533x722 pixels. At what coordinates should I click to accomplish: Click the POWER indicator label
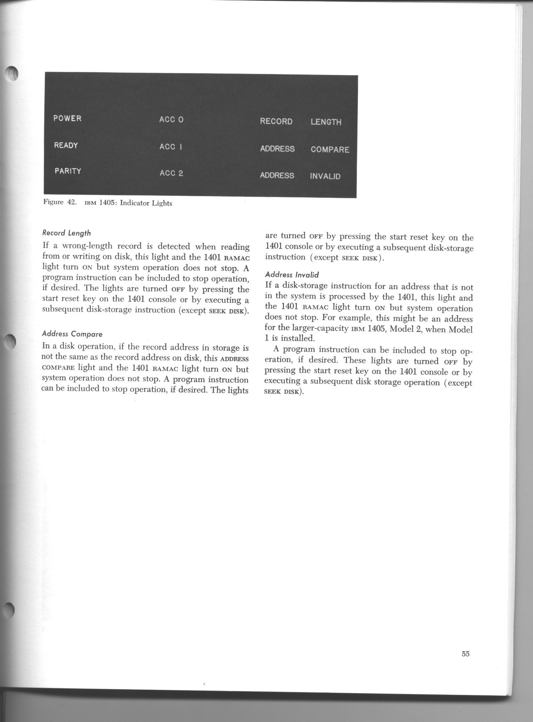click(67, 118)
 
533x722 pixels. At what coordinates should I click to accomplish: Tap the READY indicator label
click(66, 145)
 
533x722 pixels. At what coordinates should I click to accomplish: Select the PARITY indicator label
click(68, 171)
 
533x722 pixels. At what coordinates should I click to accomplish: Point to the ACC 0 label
click(171, 120)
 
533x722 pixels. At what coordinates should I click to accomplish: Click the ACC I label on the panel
click(171, 147)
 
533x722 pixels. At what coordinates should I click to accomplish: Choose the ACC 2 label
click(171, 173)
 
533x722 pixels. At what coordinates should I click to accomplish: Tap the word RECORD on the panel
click(276, 121)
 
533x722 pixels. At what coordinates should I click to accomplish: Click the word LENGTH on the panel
click(326, 122)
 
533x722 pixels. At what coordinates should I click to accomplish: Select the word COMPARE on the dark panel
click(330, 150)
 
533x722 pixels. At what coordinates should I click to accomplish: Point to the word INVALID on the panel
click(325, 176)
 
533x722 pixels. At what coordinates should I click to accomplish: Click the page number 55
click(466, 654)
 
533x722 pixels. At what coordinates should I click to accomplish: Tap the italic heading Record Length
click(66, 233)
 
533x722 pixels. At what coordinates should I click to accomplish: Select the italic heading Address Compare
click(72, 334)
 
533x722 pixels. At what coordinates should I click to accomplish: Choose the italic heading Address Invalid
click(292, 275)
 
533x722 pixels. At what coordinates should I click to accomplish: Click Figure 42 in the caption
click(59, 202)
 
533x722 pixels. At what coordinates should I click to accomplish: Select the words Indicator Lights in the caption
click(146, 203)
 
